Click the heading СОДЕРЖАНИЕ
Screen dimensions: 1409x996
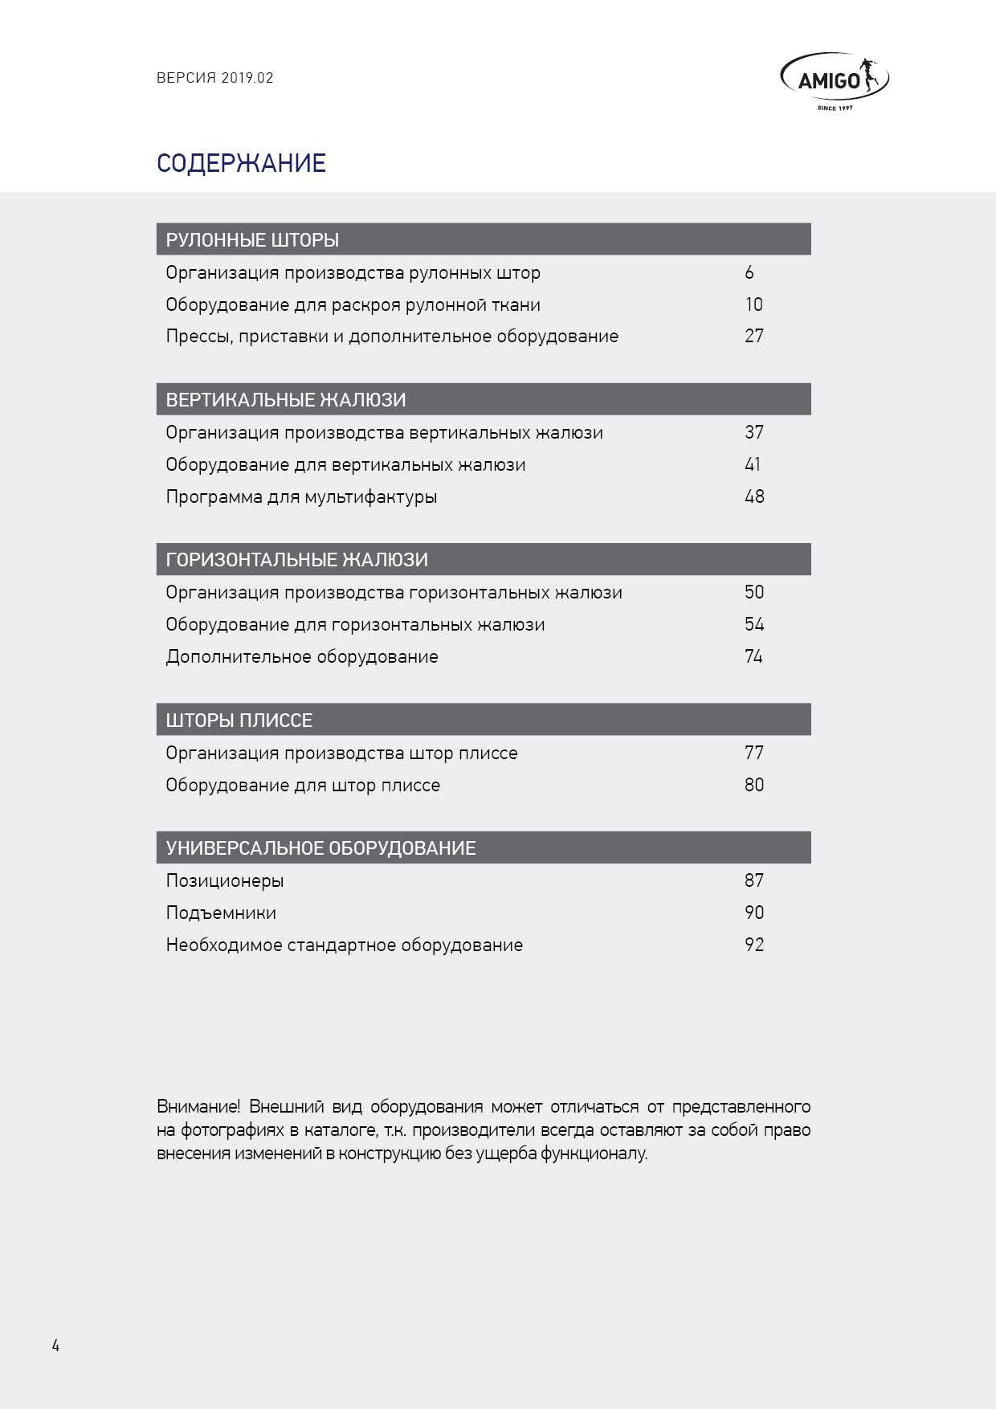coord(241,163)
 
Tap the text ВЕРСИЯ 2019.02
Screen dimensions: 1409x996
coord(214,78)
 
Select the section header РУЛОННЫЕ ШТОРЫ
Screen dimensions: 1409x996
coord(252,239)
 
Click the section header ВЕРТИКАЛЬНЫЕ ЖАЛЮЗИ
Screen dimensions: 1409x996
coord(285,399)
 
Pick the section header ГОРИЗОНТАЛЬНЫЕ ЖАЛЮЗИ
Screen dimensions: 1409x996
coord(296,559)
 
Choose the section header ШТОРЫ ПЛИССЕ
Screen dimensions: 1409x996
coord(239,720)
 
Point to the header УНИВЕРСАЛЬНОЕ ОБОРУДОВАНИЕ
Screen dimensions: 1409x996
coord(320,847)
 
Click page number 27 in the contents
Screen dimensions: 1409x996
coord(753,336)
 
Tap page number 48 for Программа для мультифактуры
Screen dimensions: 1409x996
coord(753,496)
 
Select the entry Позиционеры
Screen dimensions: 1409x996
coord(225,880)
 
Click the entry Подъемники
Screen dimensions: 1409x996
coord(221,913)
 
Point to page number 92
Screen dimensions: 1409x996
coord(753,945)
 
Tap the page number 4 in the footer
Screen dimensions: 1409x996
coord(55,1346)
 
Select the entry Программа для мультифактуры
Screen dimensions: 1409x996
coord(301,496)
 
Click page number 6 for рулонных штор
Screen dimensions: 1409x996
coord(749,272)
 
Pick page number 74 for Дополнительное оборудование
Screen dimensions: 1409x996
coord(753,656)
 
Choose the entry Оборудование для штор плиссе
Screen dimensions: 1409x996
coord(303,785)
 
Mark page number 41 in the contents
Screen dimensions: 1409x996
coord(753,464)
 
